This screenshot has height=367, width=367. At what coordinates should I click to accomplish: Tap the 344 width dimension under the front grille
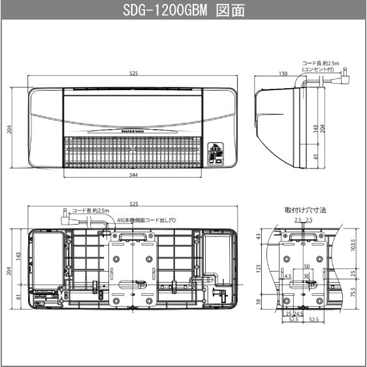coord(133,175)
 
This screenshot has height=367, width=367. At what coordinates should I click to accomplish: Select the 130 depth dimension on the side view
coord(282,74)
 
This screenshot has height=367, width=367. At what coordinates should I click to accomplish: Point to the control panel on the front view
coord(215,153)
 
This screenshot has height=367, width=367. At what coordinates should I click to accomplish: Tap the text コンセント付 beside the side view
coord(322,69)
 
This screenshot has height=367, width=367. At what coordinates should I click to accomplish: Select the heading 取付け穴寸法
coord(306,210)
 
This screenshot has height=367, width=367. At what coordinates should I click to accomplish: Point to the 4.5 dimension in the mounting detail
coord(288,276)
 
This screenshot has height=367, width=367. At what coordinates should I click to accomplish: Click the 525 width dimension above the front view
coord(133,74)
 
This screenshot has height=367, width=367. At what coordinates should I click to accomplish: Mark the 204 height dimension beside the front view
coord(9,130)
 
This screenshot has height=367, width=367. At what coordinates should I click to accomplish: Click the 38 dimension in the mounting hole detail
coord(259,302)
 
